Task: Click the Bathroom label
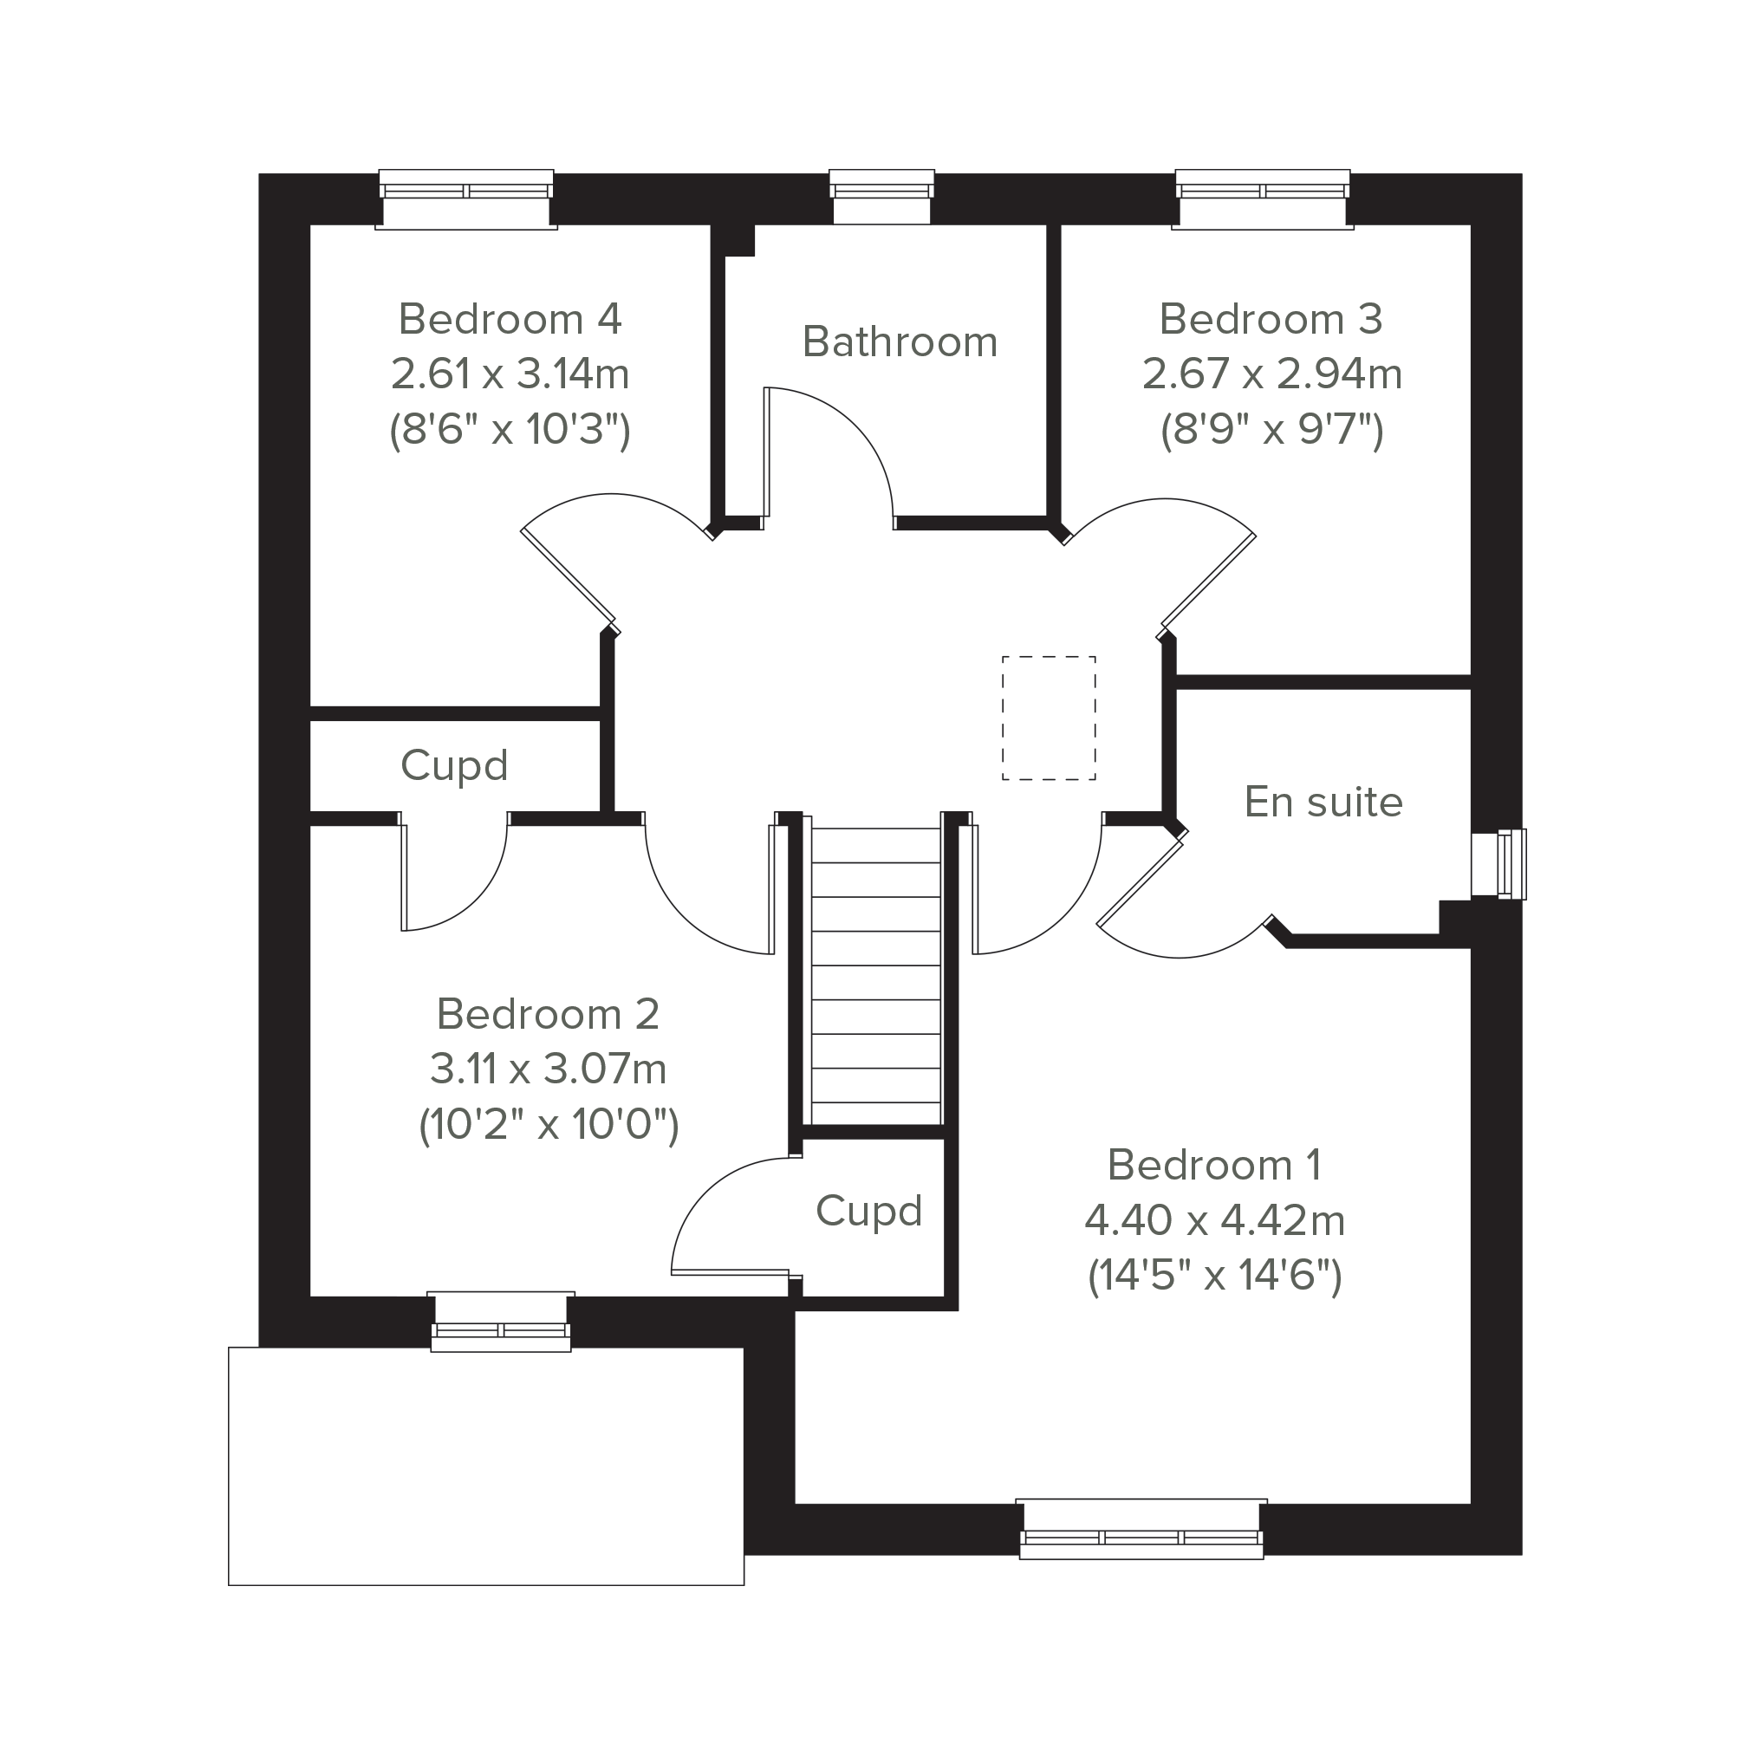point(900,342)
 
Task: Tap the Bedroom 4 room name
point(510,319)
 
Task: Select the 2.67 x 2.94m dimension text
point(1271,374)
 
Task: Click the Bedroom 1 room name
point(1214,1165)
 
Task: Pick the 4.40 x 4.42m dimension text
point(1214,1220)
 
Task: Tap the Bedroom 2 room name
point(548,1014)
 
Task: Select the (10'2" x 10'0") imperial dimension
point(549,1125)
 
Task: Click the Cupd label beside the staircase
point(868,1212)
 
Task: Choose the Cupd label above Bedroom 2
point(453,767)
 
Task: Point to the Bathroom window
point(881,196)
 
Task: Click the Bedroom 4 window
point(466,199)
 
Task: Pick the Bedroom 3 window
point(1263,199)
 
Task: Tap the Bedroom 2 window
point(501,1322)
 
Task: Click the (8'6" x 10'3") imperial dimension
point(510,429)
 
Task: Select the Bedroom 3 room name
point(1271,319)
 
